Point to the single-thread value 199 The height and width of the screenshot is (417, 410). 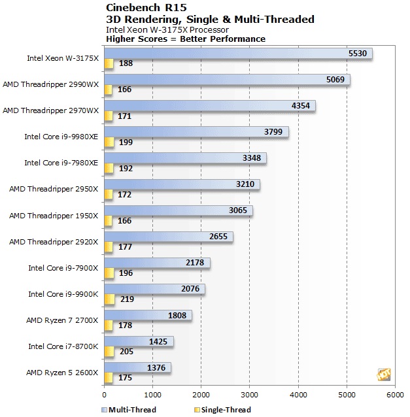(x=126, y=142)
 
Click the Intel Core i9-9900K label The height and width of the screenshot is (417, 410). (x=63, y=294)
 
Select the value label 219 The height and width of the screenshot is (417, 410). (x=126, y=299)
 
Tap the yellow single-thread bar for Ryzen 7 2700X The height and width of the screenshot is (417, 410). (x=109, y=325)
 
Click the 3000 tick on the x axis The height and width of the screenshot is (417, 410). (x=250, y=394)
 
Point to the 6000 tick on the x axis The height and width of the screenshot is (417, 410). (x=395, y=394)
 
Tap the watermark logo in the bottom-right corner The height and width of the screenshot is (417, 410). (x=384, y=375)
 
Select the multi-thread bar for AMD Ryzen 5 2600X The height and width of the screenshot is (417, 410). (x=137, y=367)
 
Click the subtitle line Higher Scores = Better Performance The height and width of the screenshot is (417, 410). (x=186, y=39)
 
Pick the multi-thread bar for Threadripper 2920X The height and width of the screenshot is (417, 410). (x=168, y=237)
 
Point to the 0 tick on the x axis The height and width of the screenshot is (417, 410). (x=105, y=394)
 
